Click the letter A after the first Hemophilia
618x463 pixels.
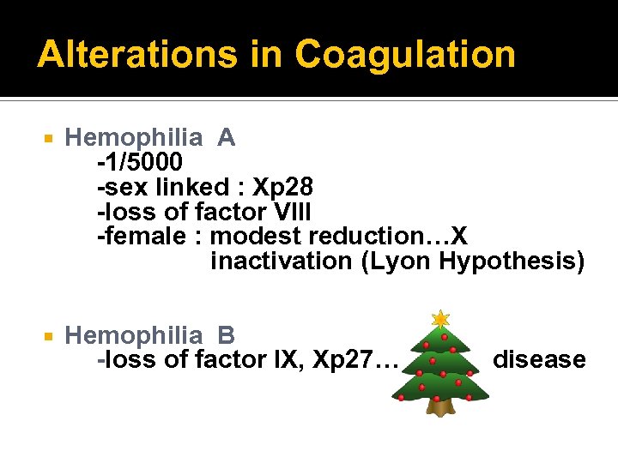pyautogui.click(x=227, y=137)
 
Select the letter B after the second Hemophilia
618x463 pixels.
pyautogui.click(x=227, y=335)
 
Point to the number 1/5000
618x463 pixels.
pyautogui.click(x=143, y=162)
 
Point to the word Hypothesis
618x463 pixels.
pyautogui.click(x=511, y=261)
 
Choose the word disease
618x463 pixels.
pyautogui.click(x=539, y=360)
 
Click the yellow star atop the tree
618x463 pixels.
pyautogui.click(x=440, y=319)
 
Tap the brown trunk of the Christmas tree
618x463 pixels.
pyautogui.click(x=440, y=406)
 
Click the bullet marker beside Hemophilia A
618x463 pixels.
pyautogui.click(x=50, y=138)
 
